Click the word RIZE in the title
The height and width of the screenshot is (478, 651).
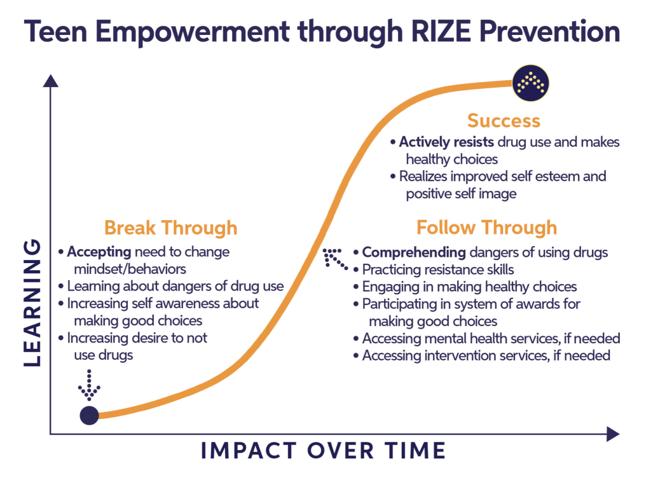(441, 32)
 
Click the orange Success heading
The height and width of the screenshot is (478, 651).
(504, 121)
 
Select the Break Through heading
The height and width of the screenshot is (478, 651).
(170, 228)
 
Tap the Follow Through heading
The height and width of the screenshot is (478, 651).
(486, 228)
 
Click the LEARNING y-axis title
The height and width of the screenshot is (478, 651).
(32, 303)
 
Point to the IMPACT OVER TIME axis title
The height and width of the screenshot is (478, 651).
(324, 450)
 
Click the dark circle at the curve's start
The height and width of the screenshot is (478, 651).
(89, 415)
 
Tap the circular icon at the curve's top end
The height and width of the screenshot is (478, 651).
(531, 83)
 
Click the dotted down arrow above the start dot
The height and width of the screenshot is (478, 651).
(89, 385)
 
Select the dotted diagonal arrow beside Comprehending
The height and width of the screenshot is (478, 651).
(334, 259)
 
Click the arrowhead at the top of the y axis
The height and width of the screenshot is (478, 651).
(51, 81)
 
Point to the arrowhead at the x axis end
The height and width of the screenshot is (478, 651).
(613, 434)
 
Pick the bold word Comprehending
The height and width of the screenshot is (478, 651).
(414, 252)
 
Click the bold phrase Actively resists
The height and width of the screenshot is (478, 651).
(446, 142)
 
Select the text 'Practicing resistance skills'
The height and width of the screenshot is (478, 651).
(438, 270)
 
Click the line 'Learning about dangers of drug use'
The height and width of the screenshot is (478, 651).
(175, 286)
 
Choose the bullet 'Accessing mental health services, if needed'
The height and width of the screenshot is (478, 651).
(491, 339)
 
